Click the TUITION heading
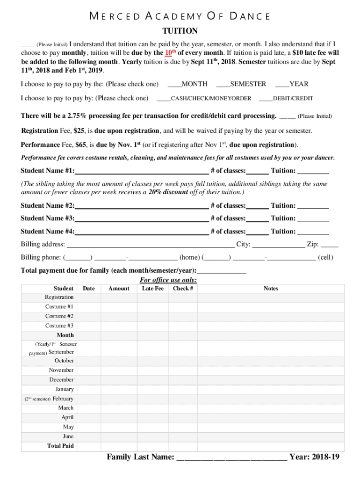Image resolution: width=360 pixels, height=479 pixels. pos(180,31)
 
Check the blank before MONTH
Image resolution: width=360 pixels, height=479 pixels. pos(174,85)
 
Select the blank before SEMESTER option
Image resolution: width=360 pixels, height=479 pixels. pos(223,85)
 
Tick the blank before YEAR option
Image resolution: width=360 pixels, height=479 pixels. pos(282,85)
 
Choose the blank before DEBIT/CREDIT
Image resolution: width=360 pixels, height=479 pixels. pos(266,99)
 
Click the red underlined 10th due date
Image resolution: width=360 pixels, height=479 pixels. pos(171,53)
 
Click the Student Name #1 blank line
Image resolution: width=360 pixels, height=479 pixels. pos(141,171)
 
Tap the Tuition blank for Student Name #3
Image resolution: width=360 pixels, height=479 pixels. pos(313,218)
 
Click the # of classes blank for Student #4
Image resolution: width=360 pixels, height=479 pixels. pos(257,232)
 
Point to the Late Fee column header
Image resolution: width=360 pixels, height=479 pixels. pos(153,289)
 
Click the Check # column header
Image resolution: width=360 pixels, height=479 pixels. pos(183,289)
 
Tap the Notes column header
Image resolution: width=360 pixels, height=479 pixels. pos(271,289)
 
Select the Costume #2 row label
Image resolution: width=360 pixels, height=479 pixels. pos(59,316)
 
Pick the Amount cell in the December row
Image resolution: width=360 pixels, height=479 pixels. pos(119,380)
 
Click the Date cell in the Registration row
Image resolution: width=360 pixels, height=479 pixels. pos(89,298)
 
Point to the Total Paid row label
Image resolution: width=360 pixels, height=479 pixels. pos(61,446)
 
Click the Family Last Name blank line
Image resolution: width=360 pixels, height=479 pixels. pos(232,457)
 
